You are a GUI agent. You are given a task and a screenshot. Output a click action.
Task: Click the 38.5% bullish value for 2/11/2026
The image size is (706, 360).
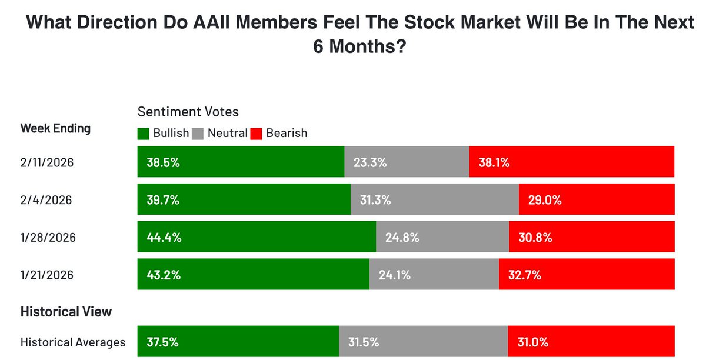[x=163, y=162]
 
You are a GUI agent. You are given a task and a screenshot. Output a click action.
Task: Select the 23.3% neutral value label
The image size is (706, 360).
[x=370, y=162]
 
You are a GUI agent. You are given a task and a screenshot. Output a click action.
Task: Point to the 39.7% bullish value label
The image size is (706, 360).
[x=163, y=200]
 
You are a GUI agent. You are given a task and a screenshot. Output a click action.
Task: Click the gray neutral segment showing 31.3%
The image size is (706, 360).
[x=435, y=200]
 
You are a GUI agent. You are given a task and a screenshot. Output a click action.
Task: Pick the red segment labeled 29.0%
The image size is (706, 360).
[x=597, y=200]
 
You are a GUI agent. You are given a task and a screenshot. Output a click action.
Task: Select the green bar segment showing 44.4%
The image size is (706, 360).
[x=257, y=237]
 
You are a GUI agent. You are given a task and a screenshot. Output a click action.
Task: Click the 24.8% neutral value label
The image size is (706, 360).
[x=402, y=237]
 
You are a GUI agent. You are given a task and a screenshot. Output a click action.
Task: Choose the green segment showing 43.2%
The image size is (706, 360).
[x=253, y=274]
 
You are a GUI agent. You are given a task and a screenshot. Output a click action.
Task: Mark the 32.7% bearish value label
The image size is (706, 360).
[x=524, y=274]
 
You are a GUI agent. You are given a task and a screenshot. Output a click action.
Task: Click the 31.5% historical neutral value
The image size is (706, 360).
[x=364, y=342]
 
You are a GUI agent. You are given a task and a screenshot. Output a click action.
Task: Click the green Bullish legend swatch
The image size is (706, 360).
[x=144, y=134]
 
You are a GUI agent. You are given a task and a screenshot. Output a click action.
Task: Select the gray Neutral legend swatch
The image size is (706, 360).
[x=198, y=134]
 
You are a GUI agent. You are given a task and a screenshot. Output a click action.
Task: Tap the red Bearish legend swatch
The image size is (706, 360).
[x=257, y=134]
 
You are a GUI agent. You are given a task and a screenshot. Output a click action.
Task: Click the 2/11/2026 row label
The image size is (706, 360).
[x=47, y=162]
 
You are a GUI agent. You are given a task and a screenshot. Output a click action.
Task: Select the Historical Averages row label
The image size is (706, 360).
[x=73, y=342]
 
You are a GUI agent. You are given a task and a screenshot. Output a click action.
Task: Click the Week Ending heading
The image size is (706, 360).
[x=55, y=128]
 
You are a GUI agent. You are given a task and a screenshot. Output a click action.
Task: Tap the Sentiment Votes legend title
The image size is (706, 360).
[x=188, y=111]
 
